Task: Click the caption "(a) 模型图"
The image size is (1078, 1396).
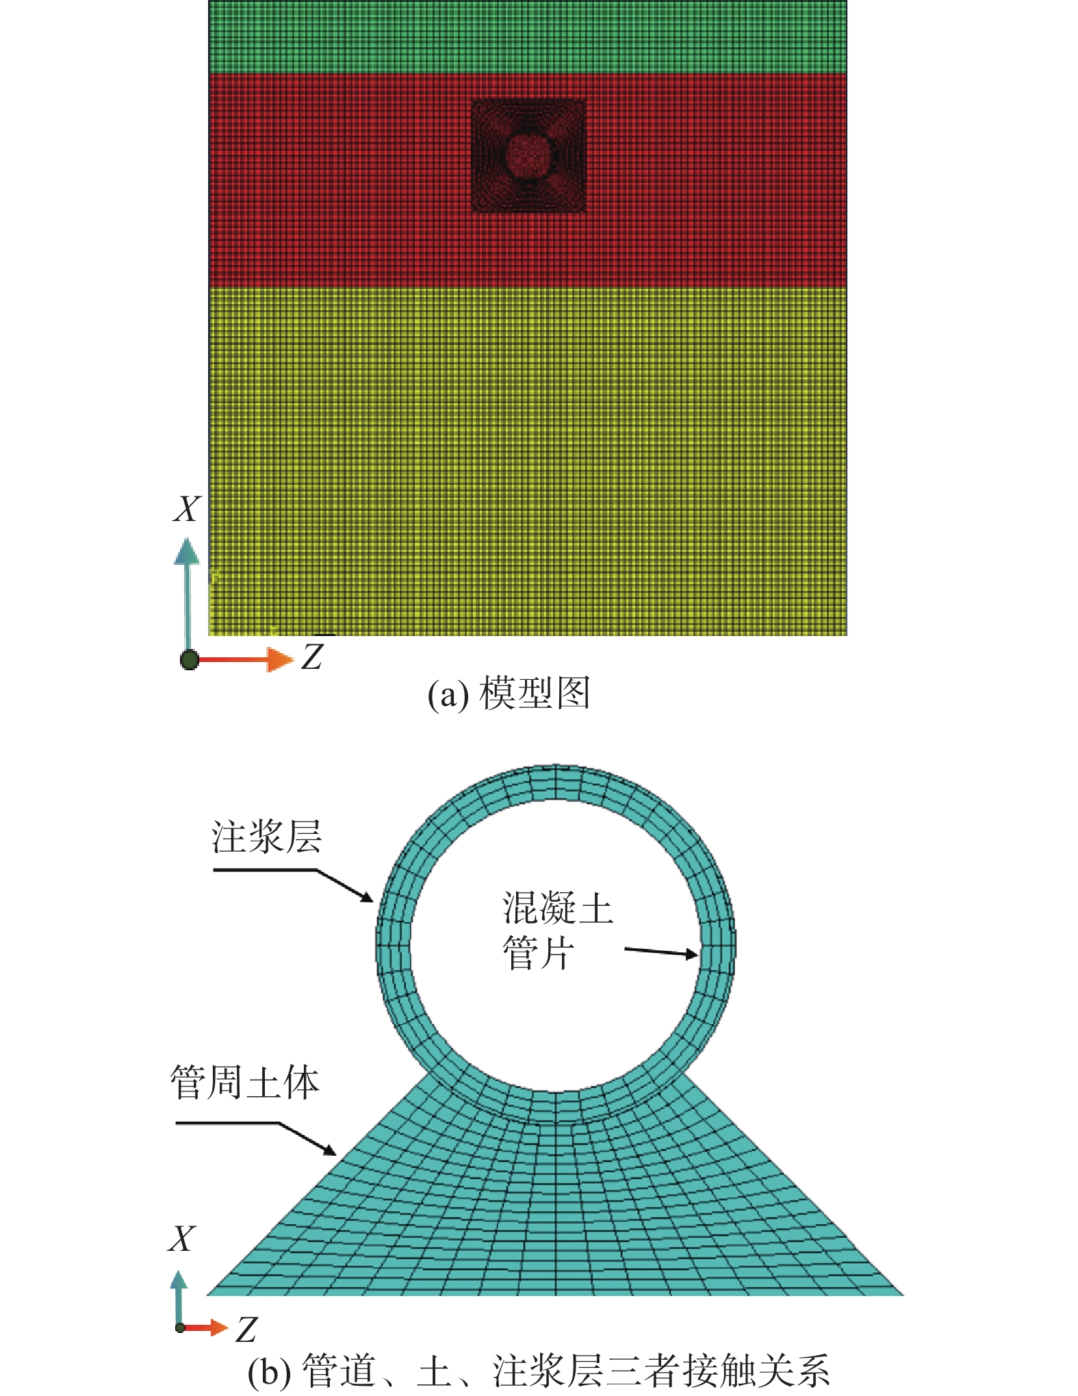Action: tap(509, 693)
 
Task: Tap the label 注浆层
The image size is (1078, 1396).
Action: tap(266, 837)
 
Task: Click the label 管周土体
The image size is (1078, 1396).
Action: tap(245, 1082)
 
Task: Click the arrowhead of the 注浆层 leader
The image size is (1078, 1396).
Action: tap(367, 898)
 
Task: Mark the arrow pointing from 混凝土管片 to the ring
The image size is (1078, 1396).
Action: tap(662, 952)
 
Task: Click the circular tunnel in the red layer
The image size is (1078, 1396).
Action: tap(528, 155)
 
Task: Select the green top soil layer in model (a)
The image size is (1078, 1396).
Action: tap(528, 37)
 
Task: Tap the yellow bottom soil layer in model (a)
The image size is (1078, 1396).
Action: tap(528, 461)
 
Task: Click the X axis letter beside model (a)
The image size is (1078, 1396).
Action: tap(187, 509)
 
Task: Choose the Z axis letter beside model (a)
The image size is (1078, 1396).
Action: tap(312, 657)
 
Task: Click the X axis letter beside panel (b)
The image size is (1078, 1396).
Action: tap(181, 1239)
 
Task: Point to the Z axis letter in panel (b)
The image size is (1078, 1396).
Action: tap(246, 1330)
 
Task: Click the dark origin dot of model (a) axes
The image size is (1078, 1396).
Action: tap(190, 660)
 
